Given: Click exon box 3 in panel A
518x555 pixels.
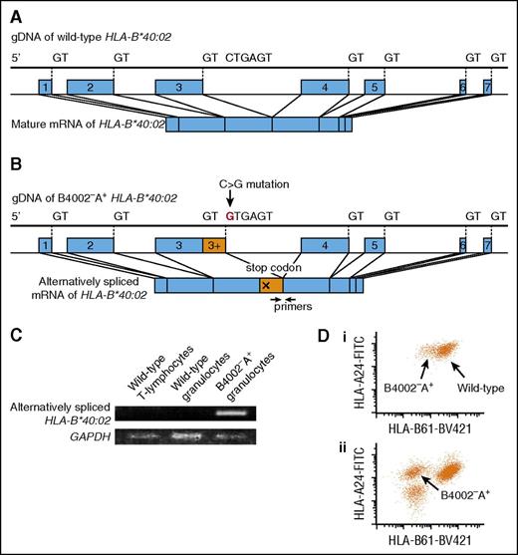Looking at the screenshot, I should [x=178, y=89].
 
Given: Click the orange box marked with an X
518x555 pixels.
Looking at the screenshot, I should [x=266, y=286].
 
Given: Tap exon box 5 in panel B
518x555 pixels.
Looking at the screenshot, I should [x=374, y=245].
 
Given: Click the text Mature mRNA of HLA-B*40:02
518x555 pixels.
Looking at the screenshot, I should [x=99, y=126].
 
